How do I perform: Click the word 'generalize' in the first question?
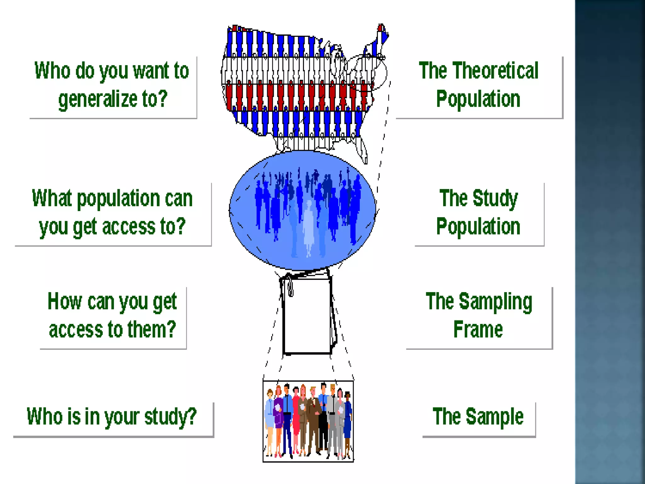98,99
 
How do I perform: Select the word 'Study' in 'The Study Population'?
495,199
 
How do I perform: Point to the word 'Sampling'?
495,302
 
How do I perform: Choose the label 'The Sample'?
478,417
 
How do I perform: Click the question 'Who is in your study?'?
112,417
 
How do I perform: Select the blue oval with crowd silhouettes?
302,210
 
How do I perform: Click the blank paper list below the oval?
307,315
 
